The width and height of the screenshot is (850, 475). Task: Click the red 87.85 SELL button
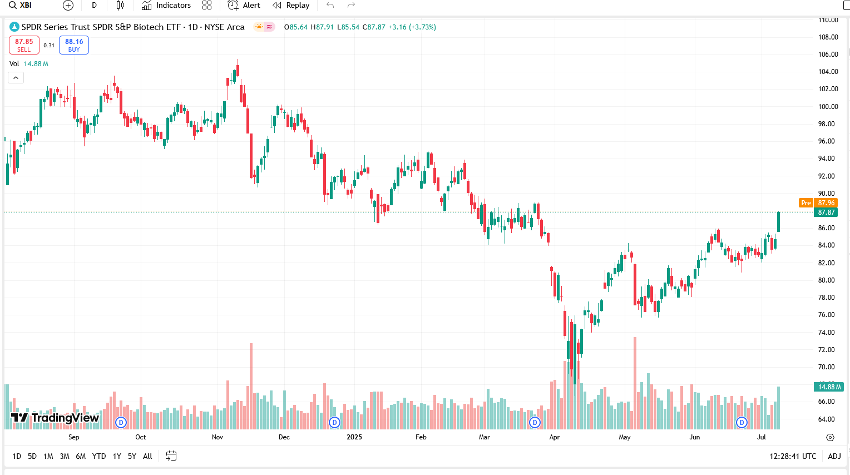pos(24,45)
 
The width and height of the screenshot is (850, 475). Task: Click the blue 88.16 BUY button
pos(74,45)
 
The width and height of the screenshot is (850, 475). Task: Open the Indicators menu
pos(166,6)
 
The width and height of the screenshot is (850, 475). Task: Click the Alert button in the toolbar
pos(244,6)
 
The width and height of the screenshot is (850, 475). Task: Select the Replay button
pos(291,6)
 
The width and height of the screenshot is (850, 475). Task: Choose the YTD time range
pos(99,456)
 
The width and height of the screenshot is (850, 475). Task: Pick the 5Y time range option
pos(132,456)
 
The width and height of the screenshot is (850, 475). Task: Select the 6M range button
pos(81,456)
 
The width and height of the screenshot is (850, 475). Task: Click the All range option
pos(147,456)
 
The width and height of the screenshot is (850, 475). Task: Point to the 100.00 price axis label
pos(828,106)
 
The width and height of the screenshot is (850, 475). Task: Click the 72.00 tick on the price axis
pos(827,350)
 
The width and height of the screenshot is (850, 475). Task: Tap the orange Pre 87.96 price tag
pos(818,203)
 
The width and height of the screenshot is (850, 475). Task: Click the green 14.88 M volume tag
pos(829,387)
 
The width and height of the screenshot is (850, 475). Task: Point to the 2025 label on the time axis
pos(354,437)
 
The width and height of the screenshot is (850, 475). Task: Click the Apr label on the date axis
pos(555,437)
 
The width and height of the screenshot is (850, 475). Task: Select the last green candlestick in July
pos(778,221)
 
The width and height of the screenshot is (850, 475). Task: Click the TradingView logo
pos(55,418)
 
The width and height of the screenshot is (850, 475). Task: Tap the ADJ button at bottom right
pos(834,456)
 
